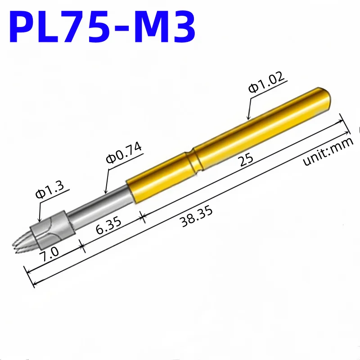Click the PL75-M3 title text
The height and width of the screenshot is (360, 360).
pyautogui.click(x=102, y=27)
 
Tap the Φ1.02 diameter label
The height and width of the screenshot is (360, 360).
pyautogui.click(x=266, y=82)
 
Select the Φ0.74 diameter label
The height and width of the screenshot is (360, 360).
pyautogui.click(x=124, y=153)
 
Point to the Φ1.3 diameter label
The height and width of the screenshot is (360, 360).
pyautogui.click(x=50, y=190)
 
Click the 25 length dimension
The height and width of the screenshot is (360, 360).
pyautogui.click(x=246, y=159)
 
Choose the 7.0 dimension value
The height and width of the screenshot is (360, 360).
pyautogui.click(x=49, y=254)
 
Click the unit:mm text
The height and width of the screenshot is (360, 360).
pyautogui.click(x=328, y=151)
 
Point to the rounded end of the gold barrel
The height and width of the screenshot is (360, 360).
pyautogui.click(x=325, y=98)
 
